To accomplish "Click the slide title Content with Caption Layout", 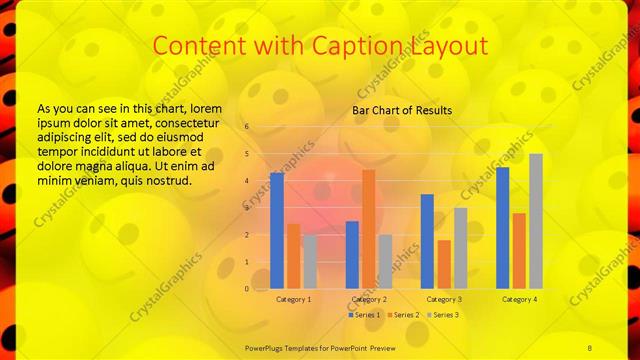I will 320,46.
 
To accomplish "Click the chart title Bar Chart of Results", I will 401,110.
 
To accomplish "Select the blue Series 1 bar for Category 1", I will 277,230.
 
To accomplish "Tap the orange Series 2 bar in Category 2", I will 368,228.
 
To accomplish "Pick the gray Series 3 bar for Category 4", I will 535,220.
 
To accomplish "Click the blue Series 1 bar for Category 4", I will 502,227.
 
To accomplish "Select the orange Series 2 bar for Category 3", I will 443,264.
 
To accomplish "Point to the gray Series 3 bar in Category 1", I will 310,261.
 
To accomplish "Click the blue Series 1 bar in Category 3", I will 427,241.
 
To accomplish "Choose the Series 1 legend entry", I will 365,315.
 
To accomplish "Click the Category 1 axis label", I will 293,299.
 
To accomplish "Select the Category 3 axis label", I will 443,299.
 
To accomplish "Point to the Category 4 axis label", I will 519,299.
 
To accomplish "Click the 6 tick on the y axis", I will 245,128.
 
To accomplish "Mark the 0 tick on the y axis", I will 245,288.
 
